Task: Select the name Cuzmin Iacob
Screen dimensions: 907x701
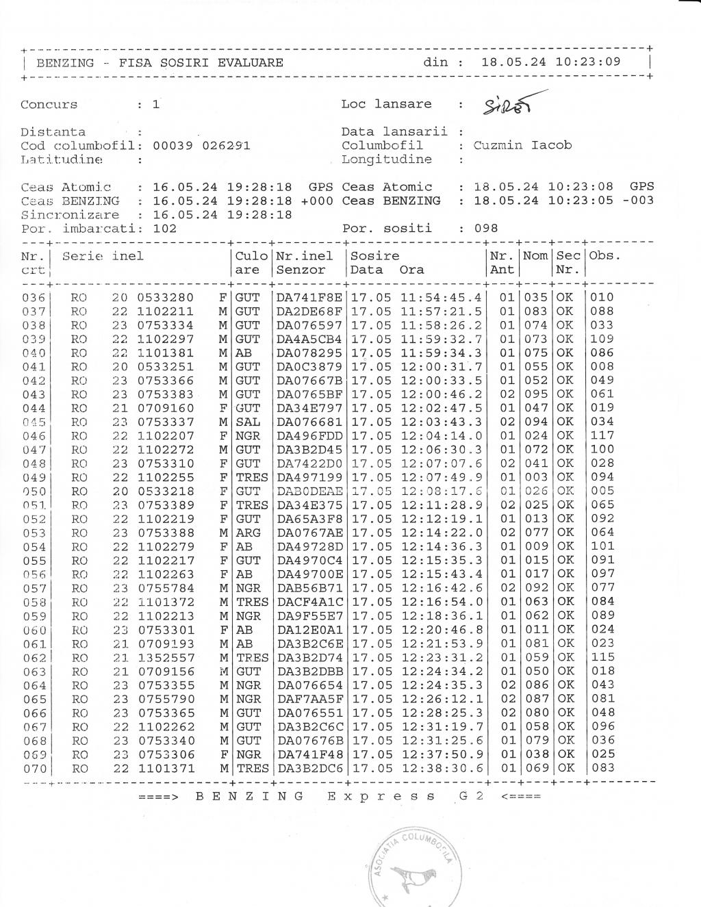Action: (x=522, y=145)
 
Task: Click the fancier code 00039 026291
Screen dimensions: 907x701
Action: (x=201, y=145)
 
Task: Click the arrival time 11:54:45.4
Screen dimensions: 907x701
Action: (x=442, y=298)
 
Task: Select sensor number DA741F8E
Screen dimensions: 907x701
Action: (x=309, y=298)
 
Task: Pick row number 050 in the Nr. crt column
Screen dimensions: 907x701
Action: (x=34, y=491)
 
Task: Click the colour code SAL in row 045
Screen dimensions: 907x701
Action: (x=248, y=422)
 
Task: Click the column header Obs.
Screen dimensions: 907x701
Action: (x=604, y=256)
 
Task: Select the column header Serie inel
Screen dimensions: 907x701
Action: (x=103, y=256)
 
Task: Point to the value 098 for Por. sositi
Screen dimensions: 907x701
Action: (x=486, y=228)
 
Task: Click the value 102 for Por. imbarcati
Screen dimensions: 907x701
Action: (x=164, y=228)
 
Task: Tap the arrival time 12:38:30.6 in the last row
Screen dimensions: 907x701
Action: (x=442, y=768)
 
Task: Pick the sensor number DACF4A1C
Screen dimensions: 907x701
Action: (x=309, y=602)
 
